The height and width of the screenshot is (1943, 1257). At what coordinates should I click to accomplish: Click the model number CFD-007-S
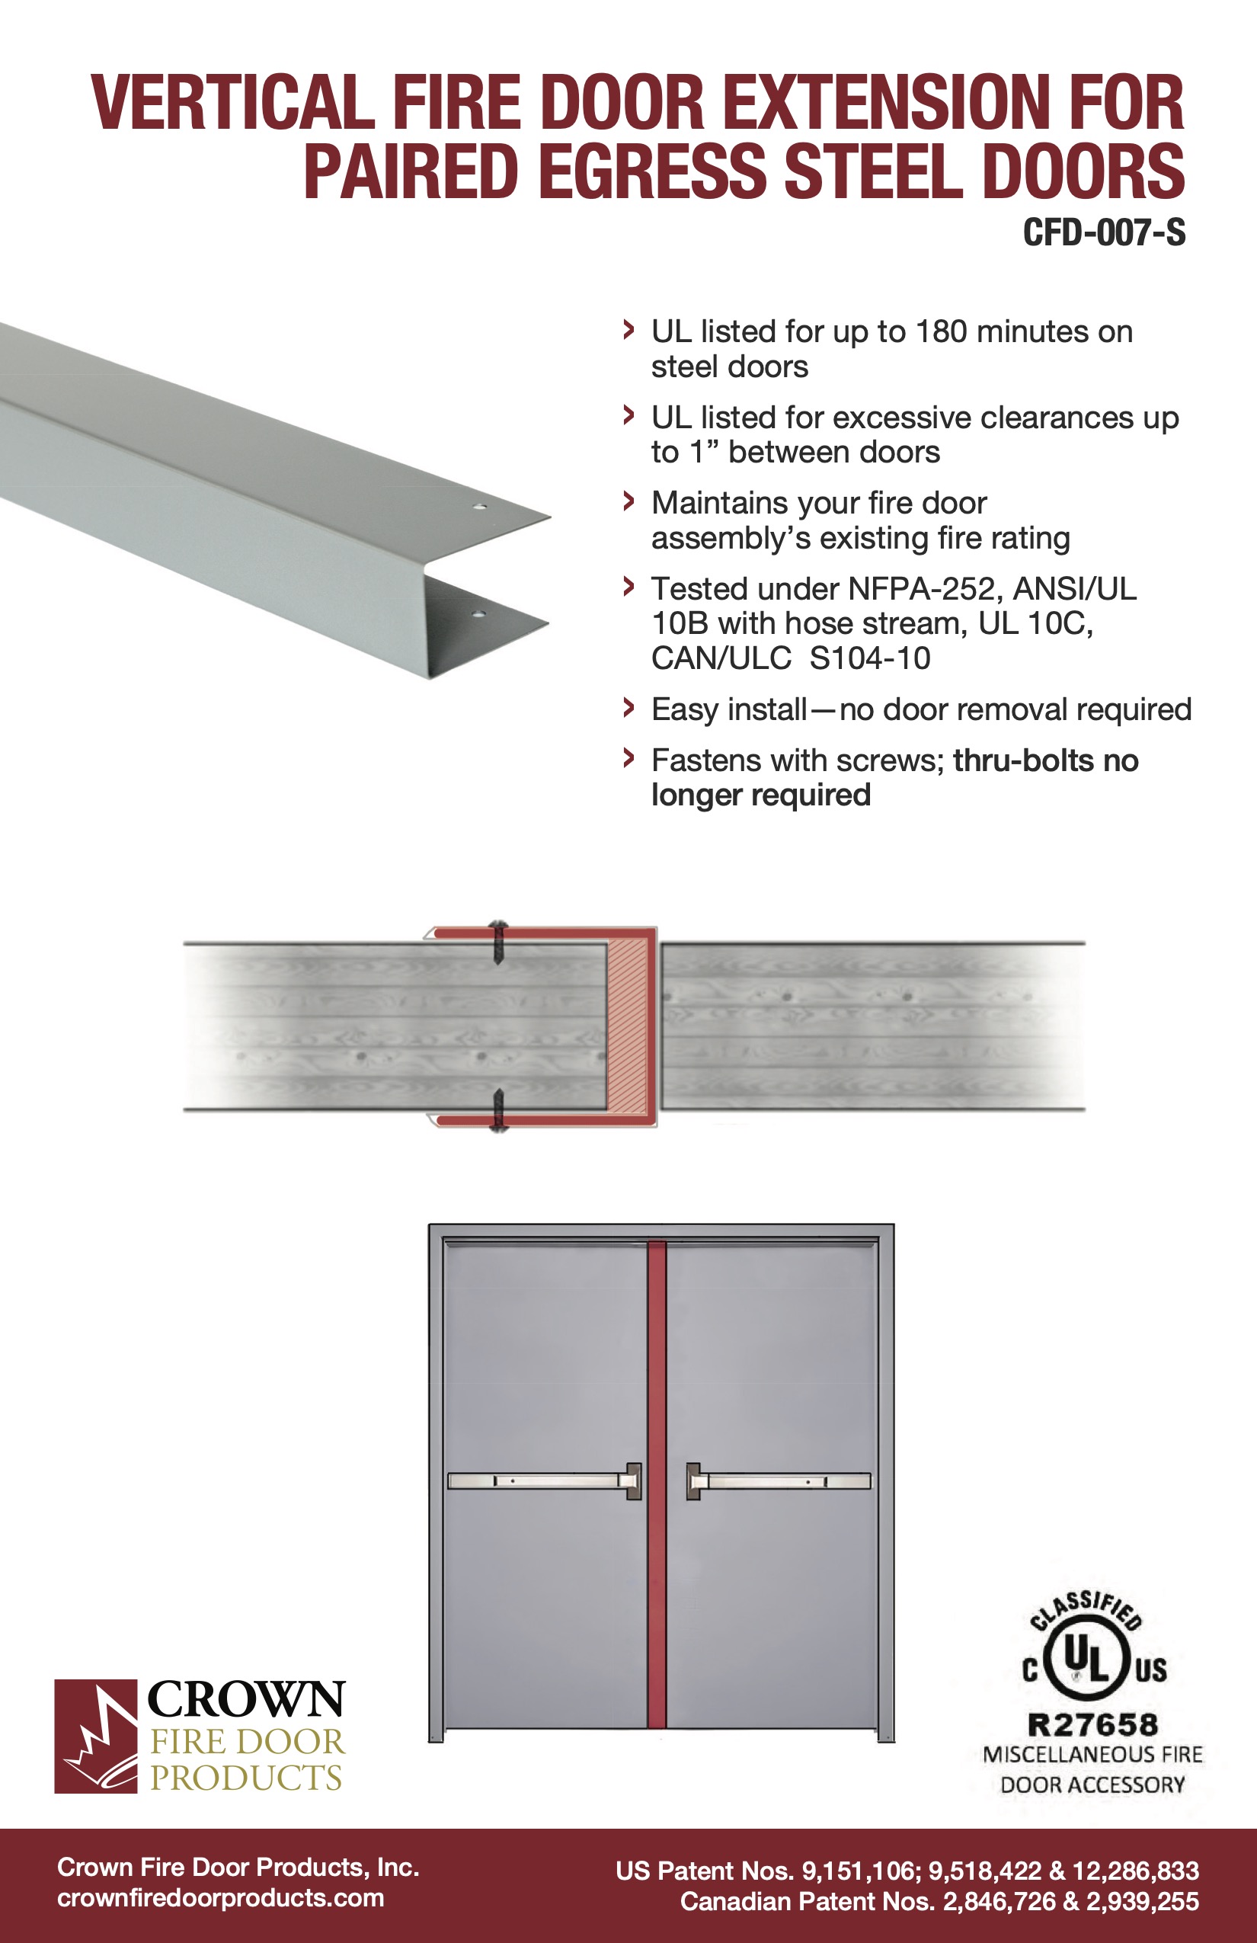pos(1104,233)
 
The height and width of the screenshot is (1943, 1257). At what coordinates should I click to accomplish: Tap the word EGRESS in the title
pos(652,171)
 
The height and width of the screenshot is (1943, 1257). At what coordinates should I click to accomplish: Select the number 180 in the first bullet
pos(941,332)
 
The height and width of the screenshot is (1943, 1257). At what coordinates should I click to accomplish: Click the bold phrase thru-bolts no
pos(1044,761)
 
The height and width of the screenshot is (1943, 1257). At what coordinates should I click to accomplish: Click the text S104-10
pos(869,659)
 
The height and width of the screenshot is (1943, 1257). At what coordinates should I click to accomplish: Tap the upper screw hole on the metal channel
pos(480,507)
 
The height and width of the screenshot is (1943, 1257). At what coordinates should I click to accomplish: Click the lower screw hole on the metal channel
pos(478,613)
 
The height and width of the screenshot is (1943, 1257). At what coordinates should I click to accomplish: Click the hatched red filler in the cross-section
pos(628,1026)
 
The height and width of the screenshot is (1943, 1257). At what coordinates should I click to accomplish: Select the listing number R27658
pos(1092,1726)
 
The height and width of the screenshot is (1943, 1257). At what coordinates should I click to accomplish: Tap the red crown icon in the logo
pos(95,1737)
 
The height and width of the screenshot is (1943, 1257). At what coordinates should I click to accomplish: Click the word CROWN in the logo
pos(245,1700)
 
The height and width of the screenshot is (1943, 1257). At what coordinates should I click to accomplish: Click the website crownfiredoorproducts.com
pos(220,1898)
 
